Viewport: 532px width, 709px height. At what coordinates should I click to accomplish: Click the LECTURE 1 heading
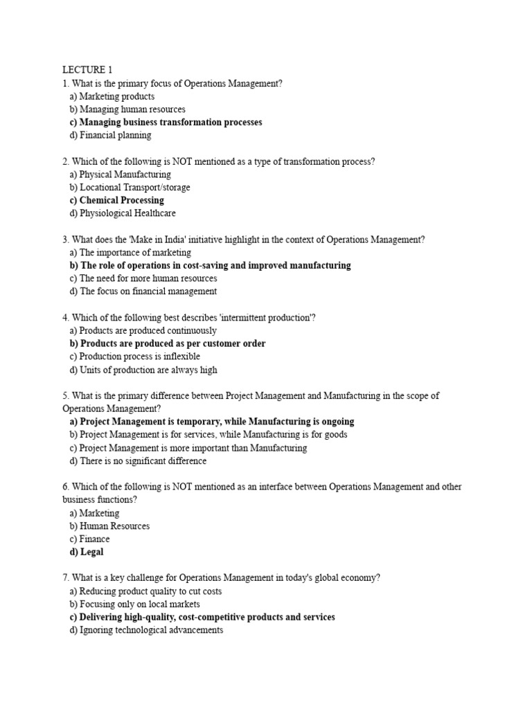coord(87,70)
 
